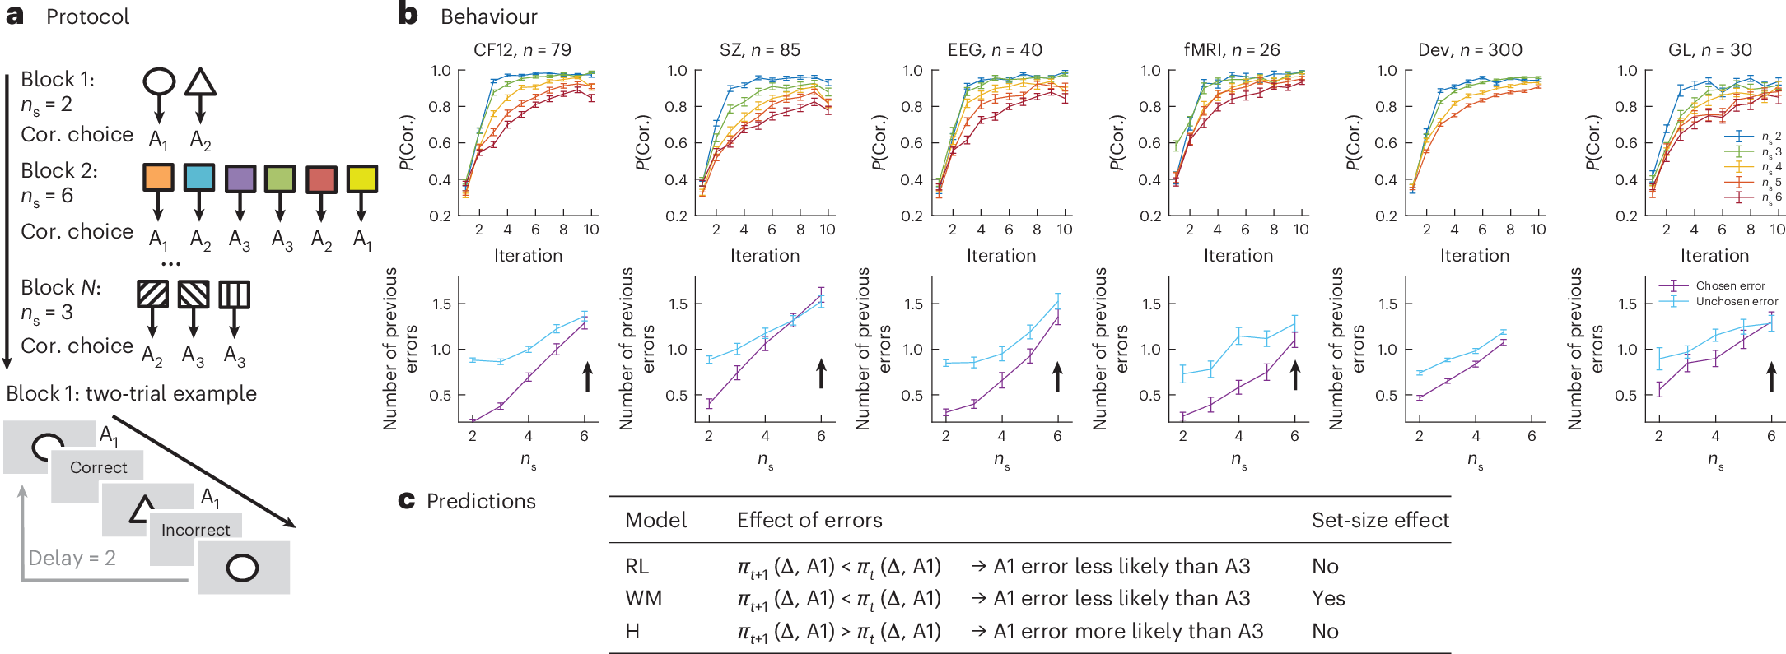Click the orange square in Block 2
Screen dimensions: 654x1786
pyautogui.click(x=158, y=178)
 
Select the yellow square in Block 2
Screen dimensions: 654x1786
pyautogui.click(x=362, y=179)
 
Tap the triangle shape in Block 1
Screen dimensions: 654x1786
pyautogui.click(x=200, y=82)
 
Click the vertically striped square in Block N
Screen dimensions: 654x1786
pyautogui.click(x=234, y=295)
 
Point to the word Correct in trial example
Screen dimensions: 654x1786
pyautogui.click(x=98, y=467)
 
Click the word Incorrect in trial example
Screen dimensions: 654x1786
pyautogui.click(x=195, y=530)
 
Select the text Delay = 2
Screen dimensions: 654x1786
pyautogui.click(x=72, y=558)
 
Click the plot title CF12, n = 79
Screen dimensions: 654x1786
pyautogui.click(x=522, y=50)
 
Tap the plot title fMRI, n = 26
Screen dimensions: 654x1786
pyautogui.click(x=1232, y=50)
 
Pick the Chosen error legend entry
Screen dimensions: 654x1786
pyautogui.click(x=1729, y=285)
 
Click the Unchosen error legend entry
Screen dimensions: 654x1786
pyautogui.click(x=1736, y=301)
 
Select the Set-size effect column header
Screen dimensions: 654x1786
pyautogui.click(x=1380, y=520)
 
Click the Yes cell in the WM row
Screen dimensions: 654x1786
pyautogui.click(x=1328, y=598)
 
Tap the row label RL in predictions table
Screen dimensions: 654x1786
pyautogui.click(x=637, y=566)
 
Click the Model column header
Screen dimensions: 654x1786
pyautogui.click(x=655, y=520)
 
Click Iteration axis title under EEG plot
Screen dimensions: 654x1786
pyautogui.click(x=1001, y=256)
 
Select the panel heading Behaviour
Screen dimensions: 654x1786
pyautogui.click(x=488, y=16)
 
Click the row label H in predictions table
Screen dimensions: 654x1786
pyautogui.click(x=632, y=631)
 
